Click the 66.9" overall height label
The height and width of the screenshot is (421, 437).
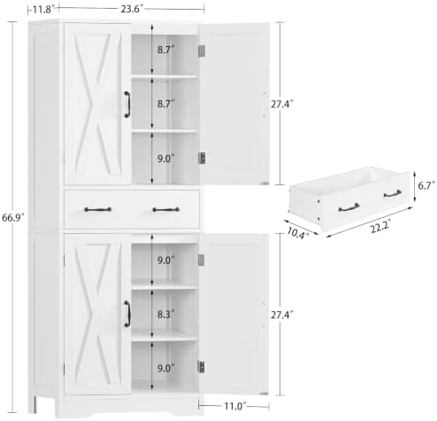pyautogui.click(x=12, y=218)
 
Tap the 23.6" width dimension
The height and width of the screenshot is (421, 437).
pyautogui.click(x=132, y=9)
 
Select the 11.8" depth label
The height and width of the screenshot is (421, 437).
pyautogui.click(x=43, y=10)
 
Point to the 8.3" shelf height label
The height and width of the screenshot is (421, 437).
pyautogui.click(x=165, y=315)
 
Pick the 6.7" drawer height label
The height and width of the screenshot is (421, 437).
pyautogui.click(x=426, y=186)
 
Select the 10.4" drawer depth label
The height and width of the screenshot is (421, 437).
pyautogui.click(x=298, y=234)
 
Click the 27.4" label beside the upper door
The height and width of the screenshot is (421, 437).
pyautogui.click(x=282, y=105)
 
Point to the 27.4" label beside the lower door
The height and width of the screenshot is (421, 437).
pyautogui.click(x=282, y=315)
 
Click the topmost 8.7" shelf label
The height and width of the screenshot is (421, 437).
pyautogui.click(x=165, y=50)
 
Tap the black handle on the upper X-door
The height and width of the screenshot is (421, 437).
pyautogui.click(x=127, y=105)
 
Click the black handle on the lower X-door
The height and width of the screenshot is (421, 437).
pyautogui.click(x=127, y=314)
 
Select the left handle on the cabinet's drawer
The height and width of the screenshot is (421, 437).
pyautogui.click(x=98, y=209)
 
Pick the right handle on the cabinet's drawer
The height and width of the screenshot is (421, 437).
pyautogui.click(x=166, y=210)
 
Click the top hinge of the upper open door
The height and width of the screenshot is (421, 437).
pyautogui.click(x=202, y=51)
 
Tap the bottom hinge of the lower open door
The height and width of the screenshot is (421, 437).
pyautogui.click(x=201, y=367)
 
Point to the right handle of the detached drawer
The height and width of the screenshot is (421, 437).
pyautogui.click(x=393, y=194)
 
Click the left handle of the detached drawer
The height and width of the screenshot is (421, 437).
pyautogui.click(x=349, y=207)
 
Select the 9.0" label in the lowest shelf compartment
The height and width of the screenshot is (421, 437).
pyautogui.click(x=165, y=369)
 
